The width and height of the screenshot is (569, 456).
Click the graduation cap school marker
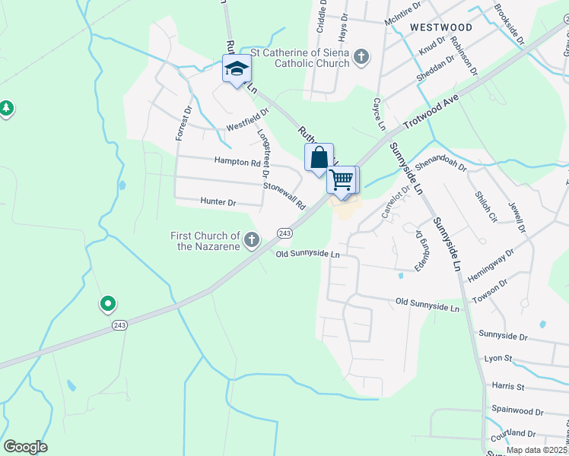pyautogui.click(x=237, y=69)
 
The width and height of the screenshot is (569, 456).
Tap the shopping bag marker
pyautogui.click(x=319, y=157)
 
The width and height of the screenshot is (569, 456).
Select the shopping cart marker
pyautogui.click(x=342, y=180)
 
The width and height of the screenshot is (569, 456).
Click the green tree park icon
pyautogui.click(x=6, y=108)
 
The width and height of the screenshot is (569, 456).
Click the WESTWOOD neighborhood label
pyautogui.click(x=440, y=27)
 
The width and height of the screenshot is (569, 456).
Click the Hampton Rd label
pyautogui.click(x=237, y=162)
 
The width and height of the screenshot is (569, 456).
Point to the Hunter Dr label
pyautogui.click(x=218, y=202)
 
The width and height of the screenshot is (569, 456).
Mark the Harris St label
pyautogui.click(x=508, y=387)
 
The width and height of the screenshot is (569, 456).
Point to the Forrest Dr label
pyautogui.click(x=181, y=122)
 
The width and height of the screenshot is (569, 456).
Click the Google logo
pyautogui.click(x=25, y=447)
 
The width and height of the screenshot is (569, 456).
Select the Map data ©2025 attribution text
pyautogui.click(x=536, y=450)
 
